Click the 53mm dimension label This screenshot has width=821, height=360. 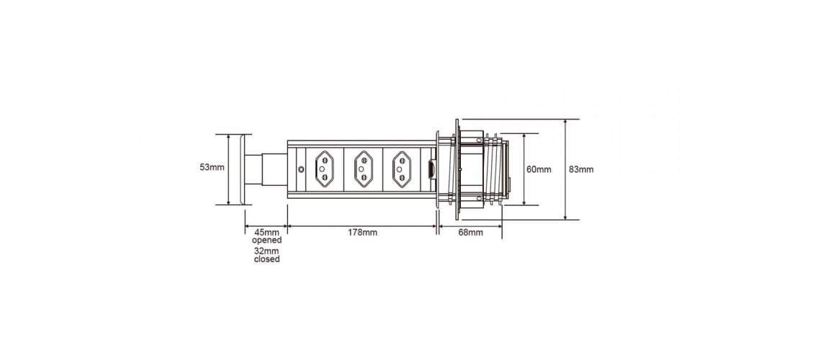coord(212,168)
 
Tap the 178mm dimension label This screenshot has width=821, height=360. coord(362,233)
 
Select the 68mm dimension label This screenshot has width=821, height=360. coord(470,233)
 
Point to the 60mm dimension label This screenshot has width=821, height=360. coord(539,169)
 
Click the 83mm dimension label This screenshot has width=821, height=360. coord(581,169)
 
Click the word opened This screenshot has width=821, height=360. coord(267,240)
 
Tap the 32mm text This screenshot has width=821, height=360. coord(267,251)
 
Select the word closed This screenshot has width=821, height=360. coord(267,259)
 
